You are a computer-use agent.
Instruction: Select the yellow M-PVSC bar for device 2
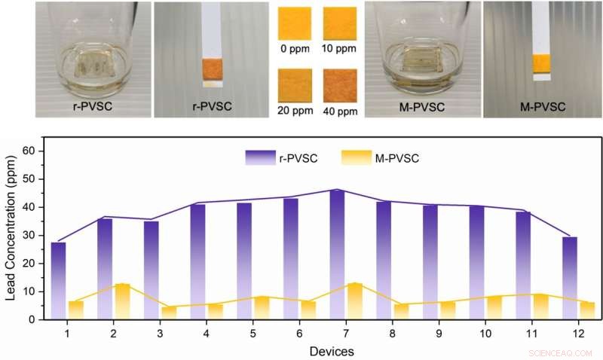point(123,301)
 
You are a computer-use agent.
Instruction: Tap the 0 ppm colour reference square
point(295,23)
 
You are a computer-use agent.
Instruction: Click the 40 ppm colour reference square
point(340,85)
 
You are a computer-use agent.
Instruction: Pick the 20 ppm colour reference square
point(295,85)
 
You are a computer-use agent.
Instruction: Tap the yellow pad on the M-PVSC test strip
point(542,64)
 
